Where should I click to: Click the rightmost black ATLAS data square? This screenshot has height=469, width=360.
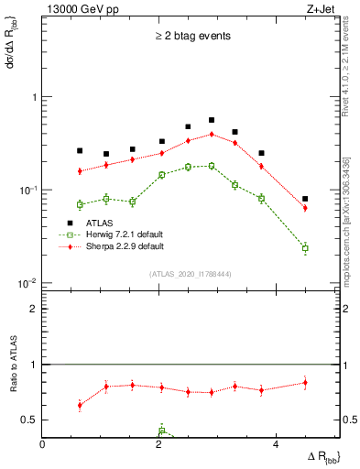click(305, 199)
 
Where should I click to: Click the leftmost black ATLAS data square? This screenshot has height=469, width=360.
click(80, 150)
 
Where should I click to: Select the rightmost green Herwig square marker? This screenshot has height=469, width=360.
click(305, 248)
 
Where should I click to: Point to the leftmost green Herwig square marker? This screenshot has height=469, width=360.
click(80, 204)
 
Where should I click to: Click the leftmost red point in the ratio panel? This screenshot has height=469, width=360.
click(80, 405)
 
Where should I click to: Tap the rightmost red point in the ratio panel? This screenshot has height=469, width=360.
click(305, 383)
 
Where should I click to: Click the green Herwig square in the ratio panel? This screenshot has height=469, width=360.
click(161, 431)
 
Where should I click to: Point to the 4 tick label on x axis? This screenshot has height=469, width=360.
click(275, 444)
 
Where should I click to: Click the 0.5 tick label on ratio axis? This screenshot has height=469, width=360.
click(30, 420)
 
